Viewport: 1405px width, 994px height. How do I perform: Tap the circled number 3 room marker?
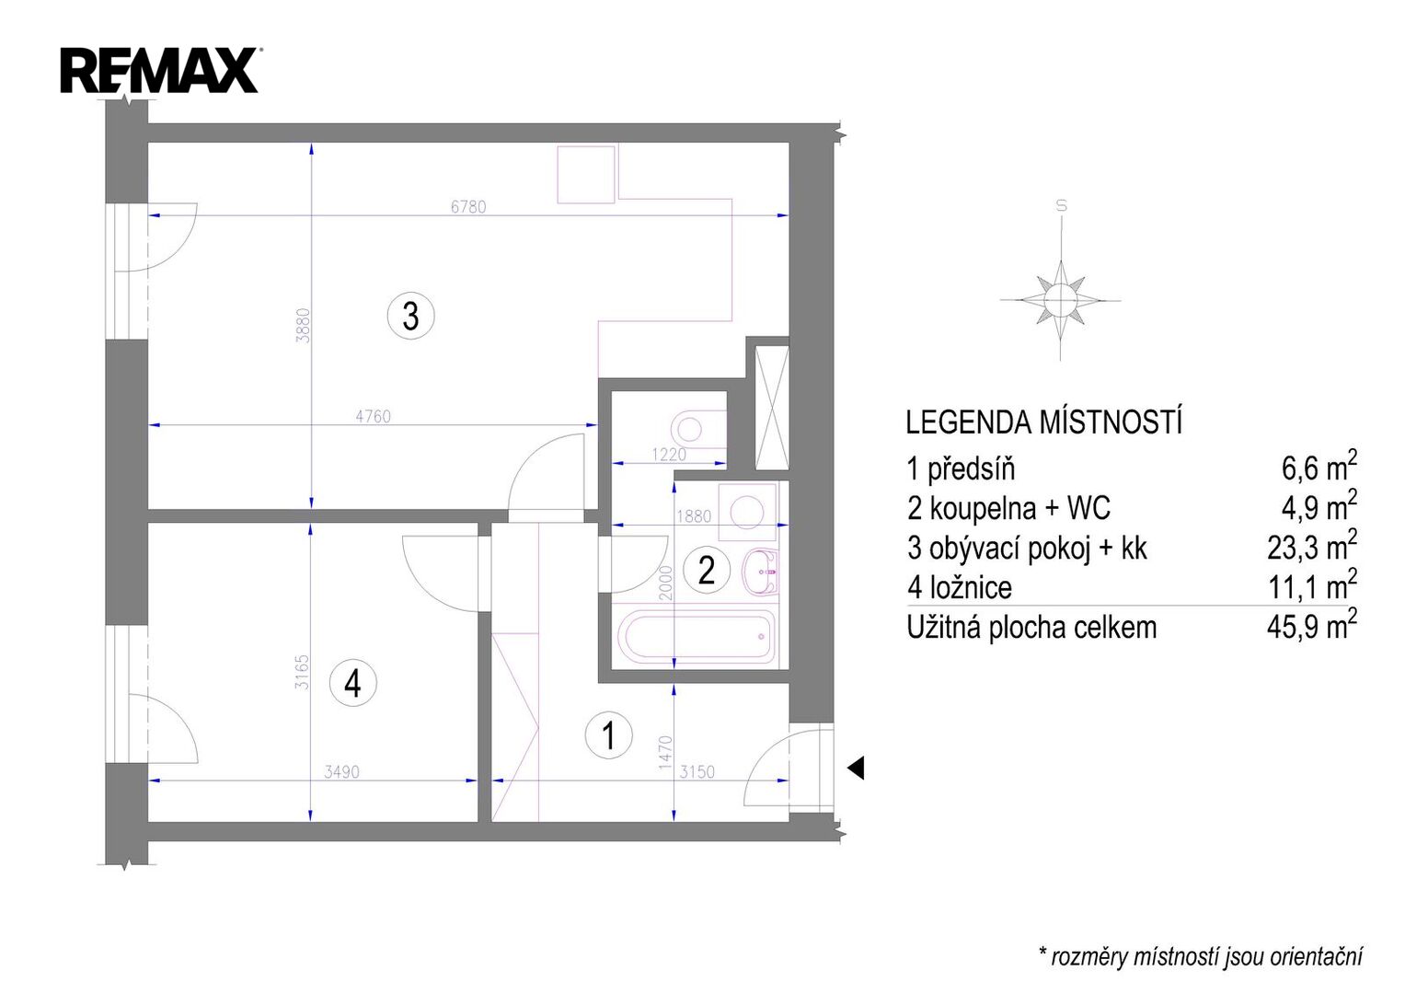coord(411,316)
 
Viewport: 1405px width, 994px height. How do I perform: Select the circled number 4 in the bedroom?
coord(352,683)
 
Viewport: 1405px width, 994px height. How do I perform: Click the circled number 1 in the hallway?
coord(608,734)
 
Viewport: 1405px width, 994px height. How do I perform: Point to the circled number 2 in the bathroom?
coord(707,571)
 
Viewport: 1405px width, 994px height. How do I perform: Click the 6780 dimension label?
coord(468,206)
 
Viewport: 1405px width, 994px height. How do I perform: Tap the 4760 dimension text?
coord(374,416)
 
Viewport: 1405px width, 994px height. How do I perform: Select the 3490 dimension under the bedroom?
coord(342,771)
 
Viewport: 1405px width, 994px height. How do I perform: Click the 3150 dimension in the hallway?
coord(697,771)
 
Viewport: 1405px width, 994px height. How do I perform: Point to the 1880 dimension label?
coord(694,515)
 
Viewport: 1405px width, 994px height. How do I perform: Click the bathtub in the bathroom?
coord(696,636)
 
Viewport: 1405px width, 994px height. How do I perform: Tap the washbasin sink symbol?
coord(760,571)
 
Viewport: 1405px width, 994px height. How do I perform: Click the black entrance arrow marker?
coord(857,768)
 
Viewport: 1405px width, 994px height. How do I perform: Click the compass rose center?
coord(1061,299)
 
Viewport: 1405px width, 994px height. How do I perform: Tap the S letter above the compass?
coord(1061,205)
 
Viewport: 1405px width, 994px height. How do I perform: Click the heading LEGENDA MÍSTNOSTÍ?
coord(1043,422)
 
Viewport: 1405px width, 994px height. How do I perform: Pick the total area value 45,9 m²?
coord(1312,625)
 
